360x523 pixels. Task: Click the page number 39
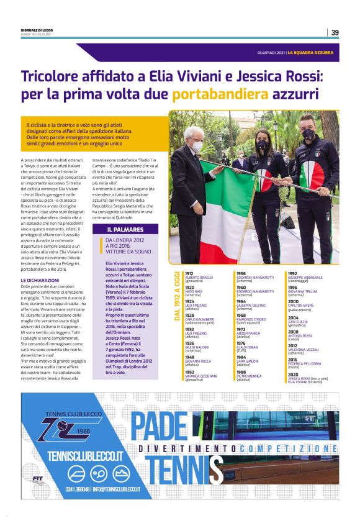[335, 32]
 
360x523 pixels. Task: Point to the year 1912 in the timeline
[189, 273]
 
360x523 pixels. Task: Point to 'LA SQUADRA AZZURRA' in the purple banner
[310, 53]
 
